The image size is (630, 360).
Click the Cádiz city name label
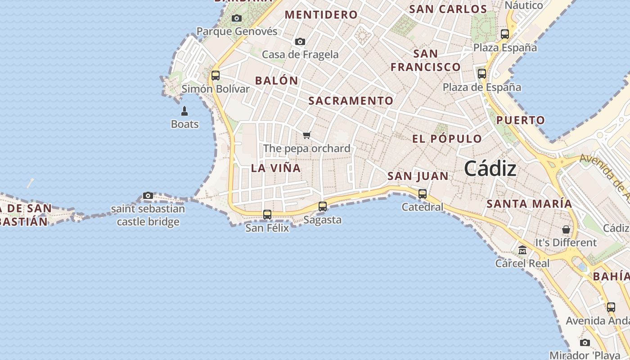point(490,169)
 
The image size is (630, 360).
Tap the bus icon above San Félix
point(267,215)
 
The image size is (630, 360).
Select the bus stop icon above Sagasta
point(323,207)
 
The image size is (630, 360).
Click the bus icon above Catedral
point(423,194)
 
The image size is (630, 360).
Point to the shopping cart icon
point(307,135)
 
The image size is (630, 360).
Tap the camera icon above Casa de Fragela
point(300,41)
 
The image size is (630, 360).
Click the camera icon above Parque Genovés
point(237,18)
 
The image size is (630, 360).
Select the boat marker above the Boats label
point(184,111)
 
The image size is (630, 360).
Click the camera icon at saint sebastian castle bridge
point(148,195)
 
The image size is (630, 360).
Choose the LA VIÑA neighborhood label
point(276,168)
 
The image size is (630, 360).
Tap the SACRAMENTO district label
point(351,101)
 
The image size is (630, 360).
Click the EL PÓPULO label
point(447,139)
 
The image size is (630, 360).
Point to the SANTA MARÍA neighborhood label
point(529,204)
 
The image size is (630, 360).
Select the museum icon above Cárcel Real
point(522,250)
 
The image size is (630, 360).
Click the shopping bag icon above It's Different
point(566,229)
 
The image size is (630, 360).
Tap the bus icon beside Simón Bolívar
point(216,75)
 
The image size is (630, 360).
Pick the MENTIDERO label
point(321,15)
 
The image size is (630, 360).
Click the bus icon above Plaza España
point(505,34)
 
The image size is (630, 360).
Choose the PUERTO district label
point(521,120)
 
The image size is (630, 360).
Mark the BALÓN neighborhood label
point(277,81)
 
